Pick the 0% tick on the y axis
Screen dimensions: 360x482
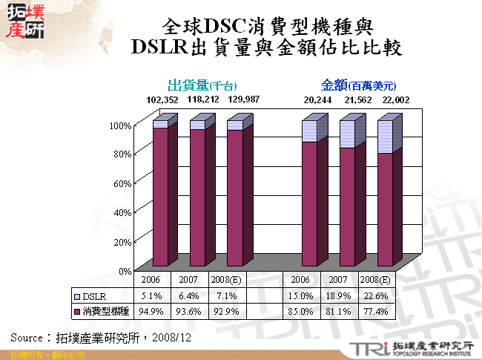point(123,271)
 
